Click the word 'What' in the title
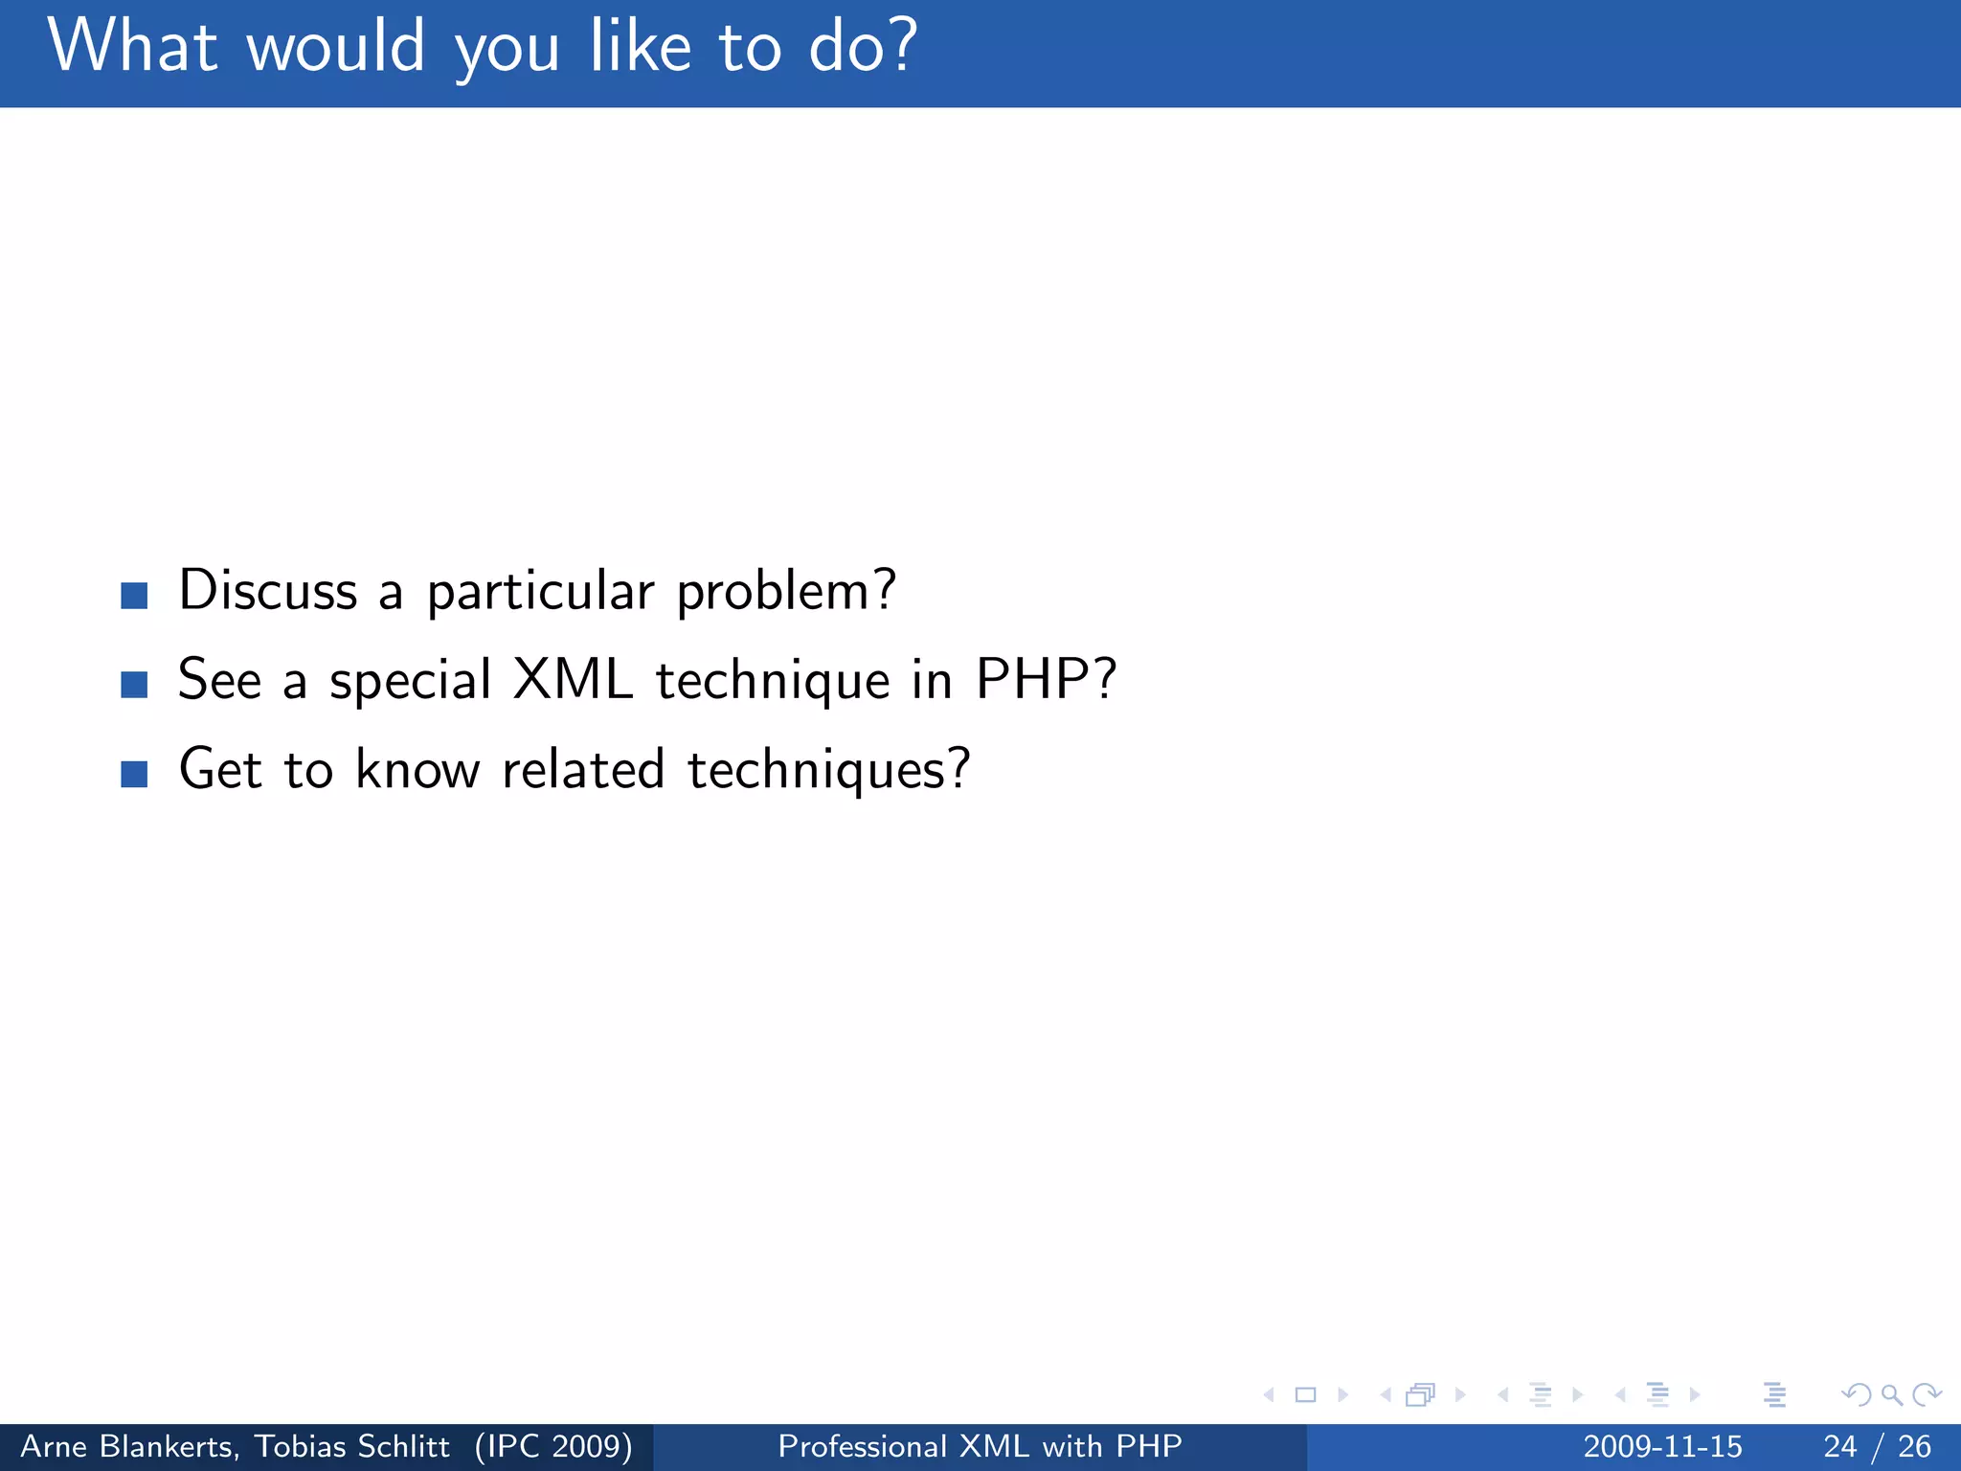[x=132, y=46]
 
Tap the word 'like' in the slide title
[x=640, y=46]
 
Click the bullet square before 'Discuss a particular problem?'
[x=134, y=596]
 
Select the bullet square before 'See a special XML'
[x=134, y=685]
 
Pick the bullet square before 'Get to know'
[x=134, y=774]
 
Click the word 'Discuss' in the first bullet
[x=268, y=590]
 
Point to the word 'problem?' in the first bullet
[x=786, y=592]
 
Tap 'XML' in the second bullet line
[x=573, y=680]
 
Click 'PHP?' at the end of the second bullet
[x=1046, y=680]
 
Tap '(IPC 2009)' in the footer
[x=553, y=1446]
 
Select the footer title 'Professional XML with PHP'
[x=980, y=1446]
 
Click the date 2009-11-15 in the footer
[x=1662, y=1446]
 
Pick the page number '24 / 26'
[x=1877, y=1446]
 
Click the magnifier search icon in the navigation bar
[x=1891, y=1395]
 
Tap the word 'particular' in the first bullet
[x=540, y=592]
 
